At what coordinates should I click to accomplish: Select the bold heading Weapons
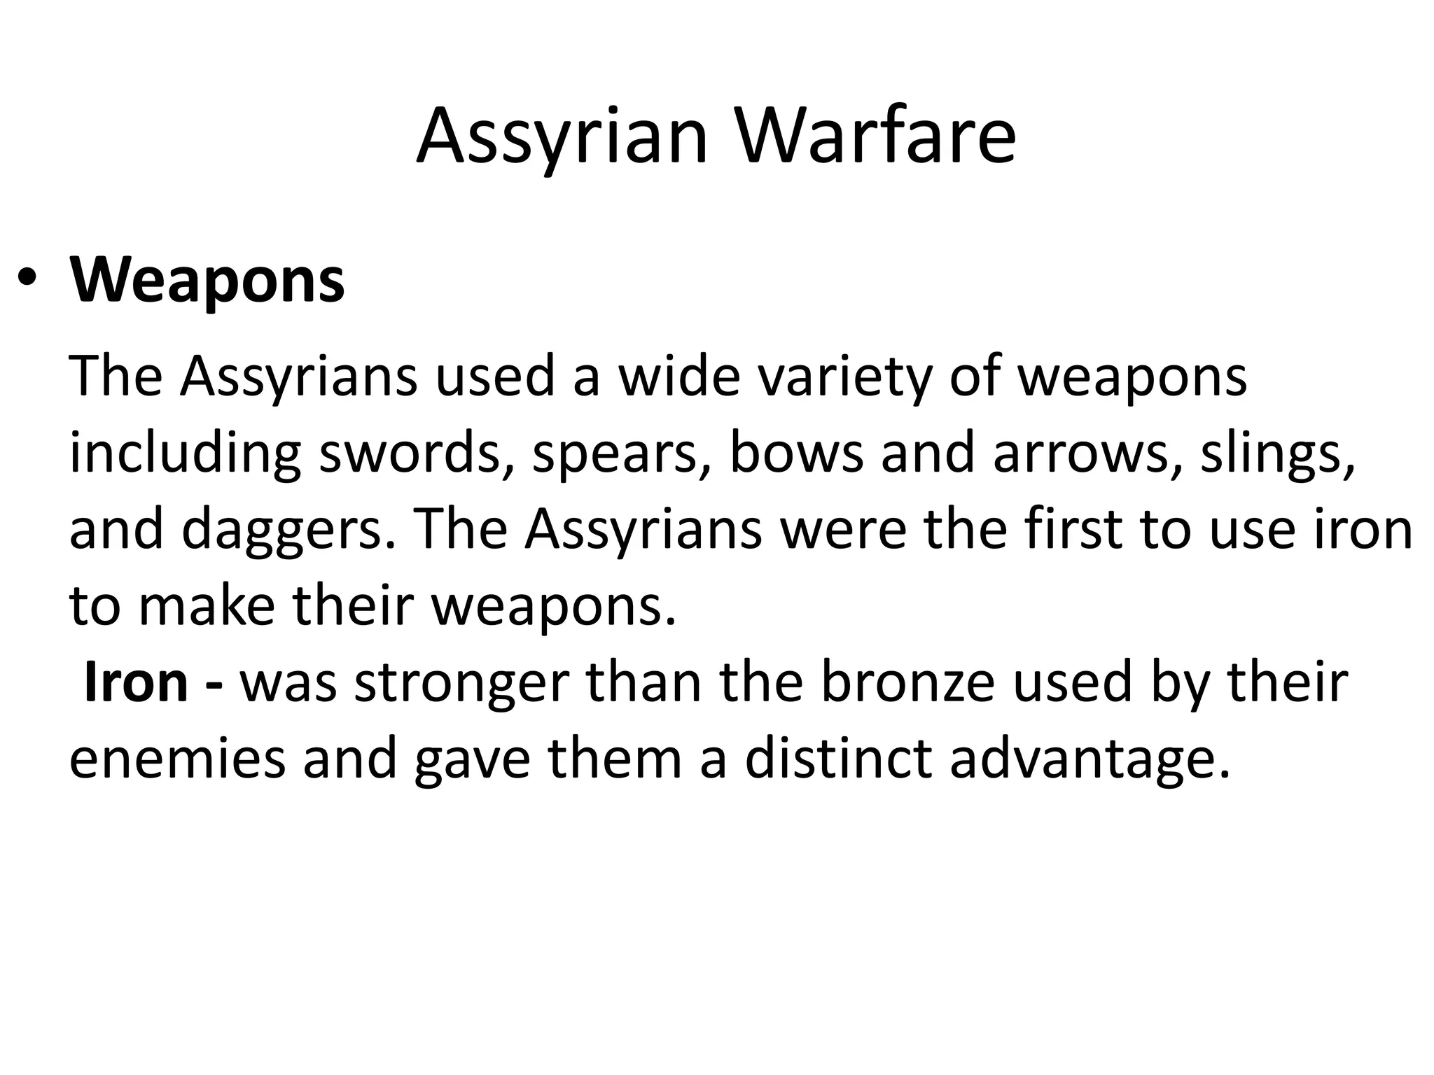pos(207,280)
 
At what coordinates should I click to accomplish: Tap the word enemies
pos(178,759)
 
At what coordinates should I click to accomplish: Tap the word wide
pos(678,377)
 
